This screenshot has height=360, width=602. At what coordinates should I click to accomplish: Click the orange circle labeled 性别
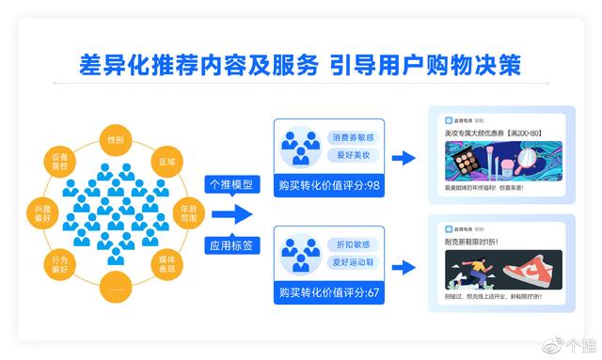pos(117,139)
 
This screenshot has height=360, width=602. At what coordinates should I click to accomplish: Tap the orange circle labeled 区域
pos(166,161)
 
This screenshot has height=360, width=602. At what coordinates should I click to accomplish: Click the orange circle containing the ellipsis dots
pos(117,283)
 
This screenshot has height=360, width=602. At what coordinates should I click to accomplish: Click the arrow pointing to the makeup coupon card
pos(403,159)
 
